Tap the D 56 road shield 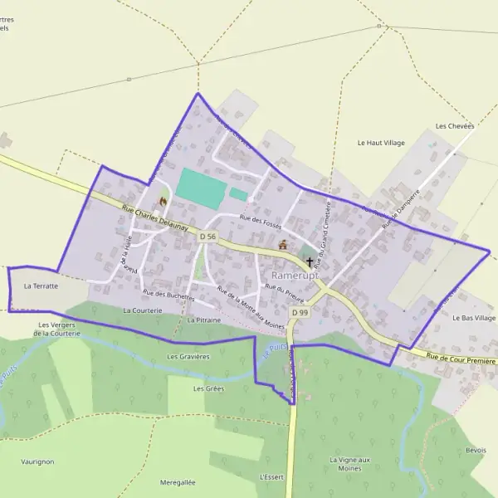click(x=207, y=237)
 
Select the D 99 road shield click(x=300, y=312)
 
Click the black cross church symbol click(x=310, y=261)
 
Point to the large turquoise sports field click(x=200, y=188)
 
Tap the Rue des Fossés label click(x=261, y=222)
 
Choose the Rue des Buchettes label click(x=168, y=294)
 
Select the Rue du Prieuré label click(x=285, y=290)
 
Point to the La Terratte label click(x=41, y=286)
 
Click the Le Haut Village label click(x=381, y=143)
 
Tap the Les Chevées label click(x=454, y=126)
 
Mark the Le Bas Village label click(x=474, y=318)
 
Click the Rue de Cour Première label click(x=461, y=359)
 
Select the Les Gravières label click(x=188, y=357)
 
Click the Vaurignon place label click(x=37, y=461)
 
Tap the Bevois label click(x=476, y=450)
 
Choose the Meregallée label click(x=178, y=481)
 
